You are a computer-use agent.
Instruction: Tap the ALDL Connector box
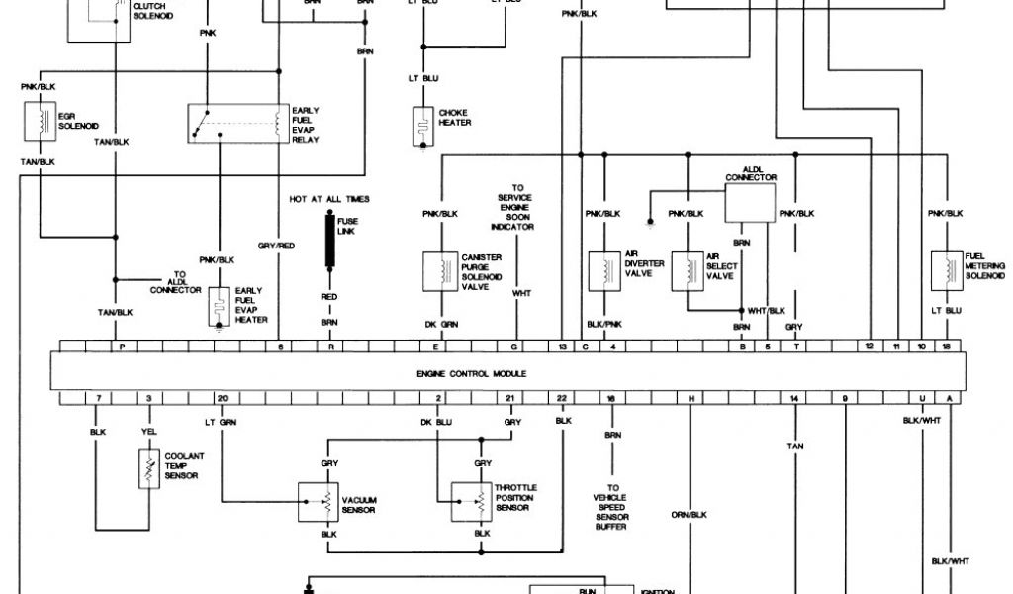click(751, 202)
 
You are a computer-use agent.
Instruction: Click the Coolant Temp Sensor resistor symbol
click(148, 468)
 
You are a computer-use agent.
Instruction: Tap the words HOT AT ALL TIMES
click(329, 199)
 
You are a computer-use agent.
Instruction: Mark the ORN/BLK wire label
click(691, 514)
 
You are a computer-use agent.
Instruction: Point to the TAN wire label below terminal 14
click(793, 446)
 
